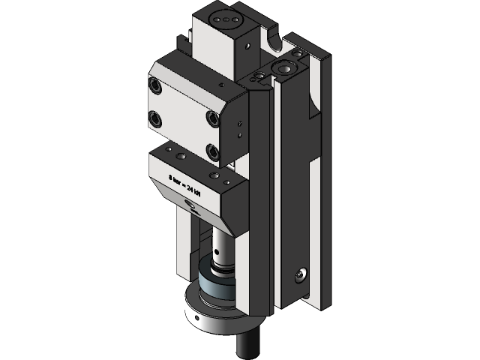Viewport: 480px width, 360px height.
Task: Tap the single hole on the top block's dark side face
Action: (x=244, y=46)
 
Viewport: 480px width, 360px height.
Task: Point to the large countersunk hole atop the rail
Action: (x=286, y=69)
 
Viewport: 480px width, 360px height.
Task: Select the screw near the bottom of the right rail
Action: (x=301, y=275)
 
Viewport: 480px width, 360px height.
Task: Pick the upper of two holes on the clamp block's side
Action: (x=239, y=124)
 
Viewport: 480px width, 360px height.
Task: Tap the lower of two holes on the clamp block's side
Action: (x=239, y=135)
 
